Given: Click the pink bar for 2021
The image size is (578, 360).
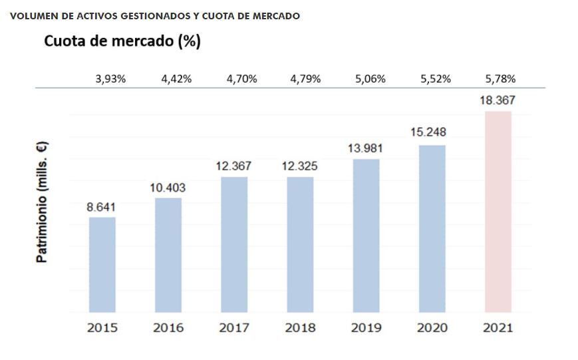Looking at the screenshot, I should (x=498, y=212).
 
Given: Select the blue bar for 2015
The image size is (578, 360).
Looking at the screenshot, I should (x=102, y=265).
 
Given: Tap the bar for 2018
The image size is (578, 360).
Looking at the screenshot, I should (x=300, y=244).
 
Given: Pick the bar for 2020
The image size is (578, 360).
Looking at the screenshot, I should (x=432, y=228).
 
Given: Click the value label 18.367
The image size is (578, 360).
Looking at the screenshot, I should (x=498, y=100).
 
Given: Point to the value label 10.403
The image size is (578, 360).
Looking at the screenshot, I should (x=168, y=188).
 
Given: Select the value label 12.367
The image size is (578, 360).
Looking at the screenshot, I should (x=234, y=166).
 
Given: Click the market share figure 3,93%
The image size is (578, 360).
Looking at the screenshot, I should (x=110, y=79).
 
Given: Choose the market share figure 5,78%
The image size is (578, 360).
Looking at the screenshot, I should (x=500, y=79).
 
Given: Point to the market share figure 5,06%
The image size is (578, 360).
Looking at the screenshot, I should (x=370, y=79).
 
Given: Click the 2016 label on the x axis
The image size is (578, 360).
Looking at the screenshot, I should (x=168, y=327).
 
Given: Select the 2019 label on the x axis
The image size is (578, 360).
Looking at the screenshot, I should (x=366, y=327).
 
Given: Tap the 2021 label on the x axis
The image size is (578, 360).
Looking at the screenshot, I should (x=498, y=327).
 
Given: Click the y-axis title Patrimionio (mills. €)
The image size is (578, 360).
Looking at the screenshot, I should (x=42, y=202).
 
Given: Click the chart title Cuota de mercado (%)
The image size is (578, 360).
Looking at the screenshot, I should (x=122, y=41).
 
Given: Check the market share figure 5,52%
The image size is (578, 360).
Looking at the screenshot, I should (x=436, y=79).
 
